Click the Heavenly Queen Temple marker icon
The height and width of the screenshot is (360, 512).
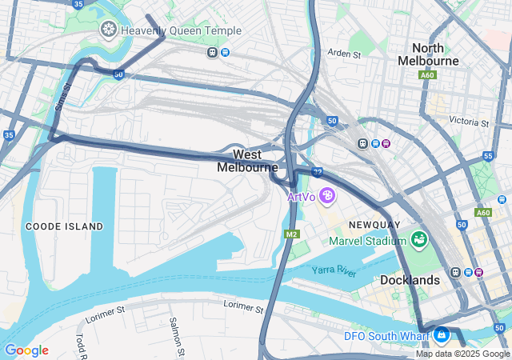coord(108,30)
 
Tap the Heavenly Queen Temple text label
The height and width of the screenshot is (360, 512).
coord(180,30)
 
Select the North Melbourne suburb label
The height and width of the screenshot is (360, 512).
coord(435,54)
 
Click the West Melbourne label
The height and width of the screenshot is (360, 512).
coord(247,161)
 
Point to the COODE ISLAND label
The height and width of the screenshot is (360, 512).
coord(64,226)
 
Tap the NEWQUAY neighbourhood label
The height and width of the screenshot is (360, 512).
coord(375,226)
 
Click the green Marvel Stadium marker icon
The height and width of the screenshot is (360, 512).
coord(418,239)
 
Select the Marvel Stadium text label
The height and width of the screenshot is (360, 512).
coord(369,241)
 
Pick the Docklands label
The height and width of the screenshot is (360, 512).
coord(410,280)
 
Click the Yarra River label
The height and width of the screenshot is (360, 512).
coord(334,272)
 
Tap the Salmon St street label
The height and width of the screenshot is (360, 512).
coord(174,334)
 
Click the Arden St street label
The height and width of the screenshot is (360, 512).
coord(345,54)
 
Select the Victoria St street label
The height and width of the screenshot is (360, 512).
coord(469,122)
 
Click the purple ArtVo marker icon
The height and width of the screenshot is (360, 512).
coord(326,195)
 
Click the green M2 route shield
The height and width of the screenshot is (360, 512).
coord(291,234)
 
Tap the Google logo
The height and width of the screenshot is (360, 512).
coord(26,350)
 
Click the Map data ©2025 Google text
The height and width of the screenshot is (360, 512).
coord(462,354)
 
